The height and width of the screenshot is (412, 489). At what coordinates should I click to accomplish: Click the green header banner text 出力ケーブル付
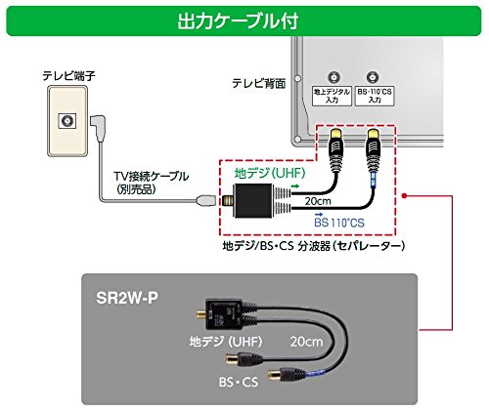point(244,19)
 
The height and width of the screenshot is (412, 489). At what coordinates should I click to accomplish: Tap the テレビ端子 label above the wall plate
point(67,74)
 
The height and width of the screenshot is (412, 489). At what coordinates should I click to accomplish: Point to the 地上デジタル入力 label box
point(335,96)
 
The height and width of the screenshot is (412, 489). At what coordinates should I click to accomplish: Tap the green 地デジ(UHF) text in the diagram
point(267,173)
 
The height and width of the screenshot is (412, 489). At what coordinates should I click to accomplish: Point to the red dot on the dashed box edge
point(404,194)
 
